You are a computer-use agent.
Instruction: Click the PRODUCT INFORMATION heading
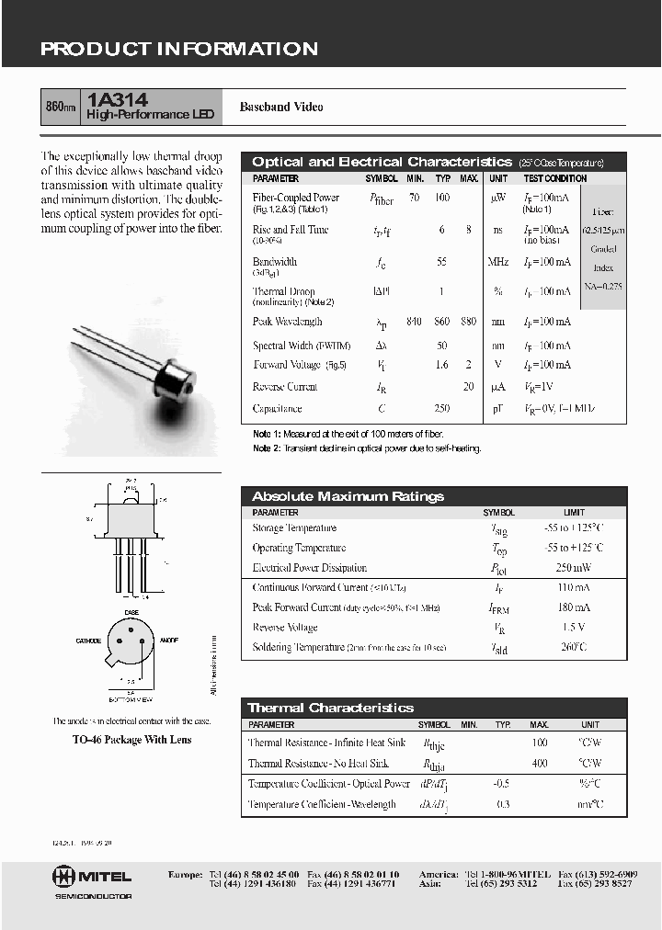tap(179, 50)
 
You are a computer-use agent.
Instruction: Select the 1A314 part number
tap(118, 99)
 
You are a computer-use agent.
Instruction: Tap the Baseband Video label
tap(281, 108)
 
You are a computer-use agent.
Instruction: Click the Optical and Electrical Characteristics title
tap(382, 162)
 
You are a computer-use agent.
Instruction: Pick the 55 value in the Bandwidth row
tap(442, 262)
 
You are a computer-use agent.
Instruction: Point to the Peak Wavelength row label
tap(287, 322)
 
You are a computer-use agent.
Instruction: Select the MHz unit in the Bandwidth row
tap(498, 262)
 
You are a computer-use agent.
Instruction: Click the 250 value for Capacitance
tap(442, 409)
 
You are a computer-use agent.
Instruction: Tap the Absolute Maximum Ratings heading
tap(348, 496)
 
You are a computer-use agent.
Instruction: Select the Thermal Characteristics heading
tap(331, 708)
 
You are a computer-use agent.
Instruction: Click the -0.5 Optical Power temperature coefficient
tap(502, 784)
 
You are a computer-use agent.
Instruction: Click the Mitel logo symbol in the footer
tap(64, 876)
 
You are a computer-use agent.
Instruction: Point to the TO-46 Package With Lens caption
tap(132, 739)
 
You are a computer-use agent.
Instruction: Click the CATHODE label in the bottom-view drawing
tap(88, 640)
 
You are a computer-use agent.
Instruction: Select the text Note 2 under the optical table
tap(268, 448)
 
